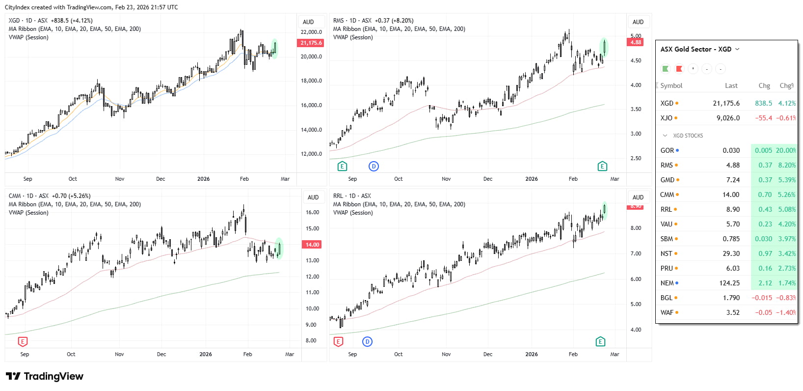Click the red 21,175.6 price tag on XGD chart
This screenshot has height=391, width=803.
pos(311,43)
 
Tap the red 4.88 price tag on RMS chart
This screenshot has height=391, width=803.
pos(636,42)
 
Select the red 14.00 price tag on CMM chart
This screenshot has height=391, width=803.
pos(312,245)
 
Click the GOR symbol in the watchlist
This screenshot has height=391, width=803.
pos(667,150)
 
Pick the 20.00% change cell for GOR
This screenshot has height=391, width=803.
pos(785,150)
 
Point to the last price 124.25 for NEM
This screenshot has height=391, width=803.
pos(729,283)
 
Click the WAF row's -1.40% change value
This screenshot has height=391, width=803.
pos(785,312)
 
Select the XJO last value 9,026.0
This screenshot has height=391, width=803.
pos(728,118)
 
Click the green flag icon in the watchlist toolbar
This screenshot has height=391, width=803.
pos(666,69)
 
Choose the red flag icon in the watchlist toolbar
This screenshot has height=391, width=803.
pos(679,69)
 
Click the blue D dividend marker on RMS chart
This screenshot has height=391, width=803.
pos(374,166)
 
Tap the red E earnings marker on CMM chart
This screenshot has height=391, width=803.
pos(23,341)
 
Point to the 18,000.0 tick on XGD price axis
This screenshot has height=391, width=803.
pos(311,81)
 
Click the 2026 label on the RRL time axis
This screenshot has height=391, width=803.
pos(532,354)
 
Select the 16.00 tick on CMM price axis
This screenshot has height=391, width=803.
pos(312,212)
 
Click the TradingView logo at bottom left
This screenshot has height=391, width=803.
pos(45,376)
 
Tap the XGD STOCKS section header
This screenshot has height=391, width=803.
pos(688,136)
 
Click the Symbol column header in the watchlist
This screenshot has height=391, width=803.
pos(671,85)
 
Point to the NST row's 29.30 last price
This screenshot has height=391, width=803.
pos(731,253)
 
